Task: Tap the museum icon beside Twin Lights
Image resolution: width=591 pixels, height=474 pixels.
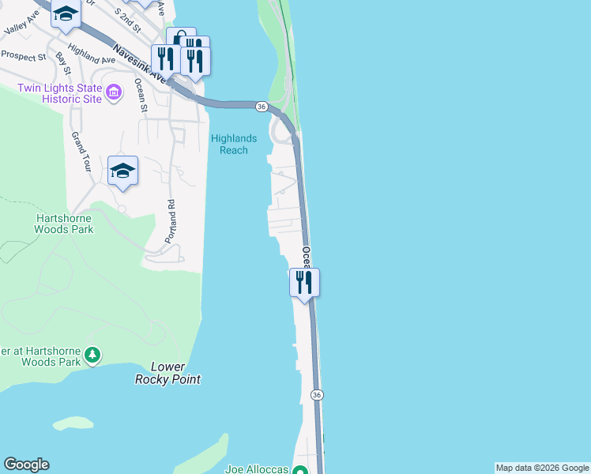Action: click(x=114, y=94)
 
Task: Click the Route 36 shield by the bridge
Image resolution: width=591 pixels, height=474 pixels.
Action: click(x=262, y=106)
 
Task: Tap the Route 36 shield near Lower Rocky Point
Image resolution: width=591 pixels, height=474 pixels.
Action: click(x=316, y=394)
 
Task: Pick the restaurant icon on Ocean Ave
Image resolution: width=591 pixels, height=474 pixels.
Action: click(x=304, y=282)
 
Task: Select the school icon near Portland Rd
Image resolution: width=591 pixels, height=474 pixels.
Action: click(x=122, y=171)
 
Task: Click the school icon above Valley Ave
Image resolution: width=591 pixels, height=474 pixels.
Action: click(x=66, y=13)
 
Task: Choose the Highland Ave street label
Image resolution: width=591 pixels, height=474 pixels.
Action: click(x=92, y=53)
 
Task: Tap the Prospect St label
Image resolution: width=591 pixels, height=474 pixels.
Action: click(x=24, y=55)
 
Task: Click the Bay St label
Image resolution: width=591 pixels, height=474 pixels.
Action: click(x=64, y=65)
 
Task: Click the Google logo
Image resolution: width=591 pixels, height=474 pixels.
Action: click(x=26, y=465)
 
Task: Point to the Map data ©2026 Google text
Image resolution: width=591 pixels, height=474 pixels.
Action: click(x=542, y=468)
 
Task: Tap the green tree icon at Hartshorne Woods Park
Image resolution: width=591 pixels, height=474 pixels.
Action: click(x=93, y=355)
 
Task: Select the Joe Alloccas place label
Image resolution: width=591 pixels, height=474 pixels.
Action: click(x=256, y=468)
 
